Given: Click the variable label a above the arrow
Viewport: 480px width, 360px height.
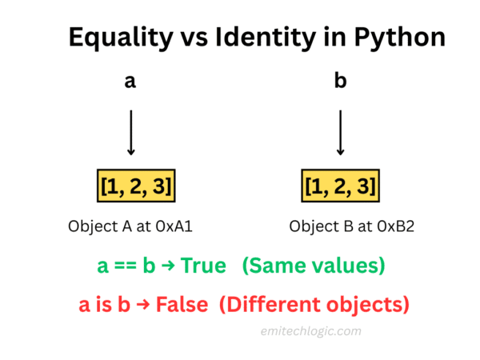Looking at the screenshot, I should click(x=130, y=82).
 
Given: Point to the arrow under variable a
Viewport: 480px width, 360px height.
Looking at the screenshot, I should click(x=130, y=131).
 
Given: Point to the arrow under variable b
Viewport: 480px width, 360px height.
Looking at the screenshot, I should click(x=341, y=131).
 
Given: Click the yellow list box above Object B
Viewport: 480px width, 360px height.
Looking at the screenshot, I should click(x=341, y=187).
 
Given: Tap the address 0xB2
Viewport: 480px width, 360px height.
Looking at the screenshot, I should click(x=387, y=226).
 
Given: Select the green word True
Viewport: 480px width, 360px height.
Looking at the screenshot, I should click(x=205, y=266).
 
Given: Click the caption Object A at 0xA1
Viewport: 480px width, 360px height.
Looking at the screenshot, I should click(x=130, y=226).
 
